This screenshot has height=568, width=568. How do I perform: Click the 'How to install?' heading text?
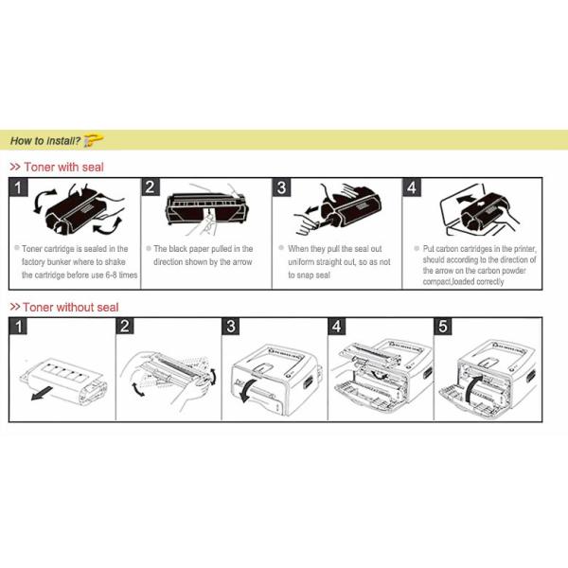[x=44, y=141]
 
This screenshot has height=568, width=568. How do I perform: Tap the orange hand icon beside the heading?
[x=93, y=140]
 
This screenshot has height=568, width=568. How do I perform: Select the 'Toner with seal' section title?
[x=62, y=167]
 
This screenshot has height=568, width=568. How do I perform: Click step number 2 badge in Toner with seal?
[x=151, y=187]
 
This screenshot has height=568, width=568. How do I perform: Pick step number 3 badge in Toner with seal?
[x=281, y=187]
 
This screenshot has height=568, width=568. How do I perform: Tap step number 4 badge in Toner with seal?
[x=411, y=187]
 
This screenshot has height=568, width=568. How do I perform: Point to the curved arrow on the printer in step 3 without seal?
[x=245, y=393]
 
